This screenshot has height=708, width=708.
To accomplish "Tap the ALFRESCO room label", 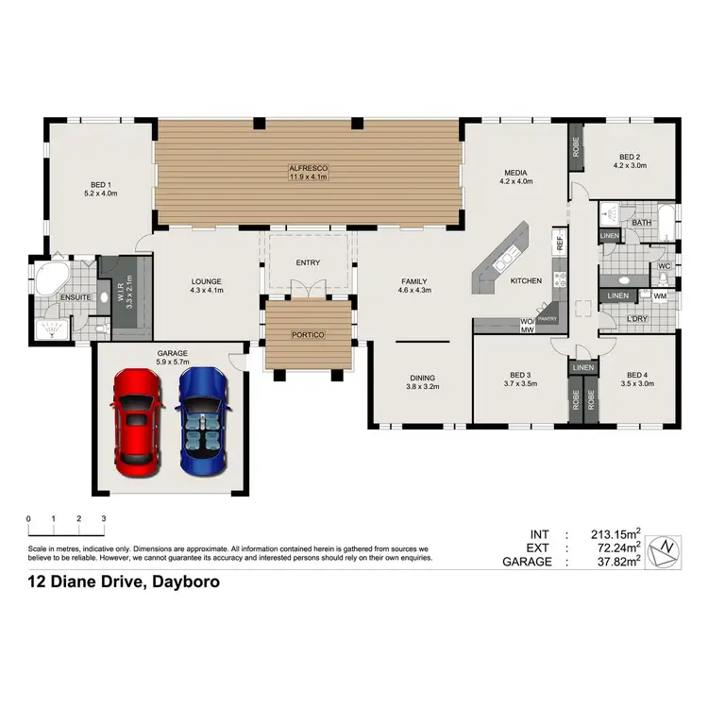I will [x=308, y=168].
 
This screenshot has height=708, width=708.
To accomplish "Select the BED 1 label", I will [x=99, y=184].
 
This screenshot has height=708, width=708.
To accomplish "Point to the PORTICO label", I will [x=308, y=335].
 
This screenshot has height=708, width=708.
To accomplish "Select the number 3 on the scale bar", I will [x=103, y=519].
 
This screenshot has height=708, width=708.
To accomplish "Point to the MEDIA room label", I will [x=515, y=172].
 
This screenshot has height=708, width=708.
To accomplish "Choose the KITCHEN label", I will [x=526, y=281].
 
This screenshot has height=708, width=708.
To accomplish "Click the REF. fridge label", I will [x=560, y=239].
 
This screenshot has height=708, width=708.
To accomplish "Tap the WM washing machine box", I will [x=660, y=296].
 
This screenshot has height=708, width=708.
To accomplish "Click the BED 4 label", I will [x=638, y=374].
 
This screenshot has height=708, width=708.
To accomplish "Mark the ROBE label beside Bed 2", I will [x=575, y=147].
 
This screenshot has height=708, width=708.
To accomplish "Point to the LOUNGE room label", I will [x=206, y=280].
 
